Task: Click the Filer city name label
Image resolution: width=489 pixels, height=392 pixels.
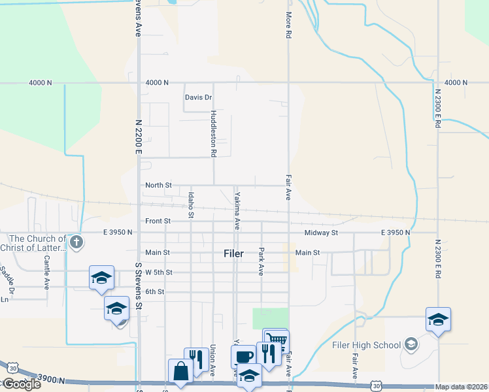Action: pos(233,253)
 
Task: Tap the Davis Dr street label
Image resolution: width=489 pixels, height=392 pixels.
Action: pos(198,97)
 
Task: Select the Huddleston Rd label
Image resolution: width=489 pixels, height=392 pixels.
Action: pos(213,134)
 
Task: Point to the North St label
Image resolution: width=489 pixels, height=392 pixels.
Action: pos(158,186)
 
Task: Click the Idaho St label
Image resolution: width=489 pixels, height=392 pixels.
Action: pos(191,204)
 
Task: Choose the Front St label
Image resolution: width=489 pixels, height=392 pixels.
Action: pos(158,221)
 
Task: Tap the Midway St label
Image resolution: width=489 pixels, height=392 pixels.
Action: pos(320,233)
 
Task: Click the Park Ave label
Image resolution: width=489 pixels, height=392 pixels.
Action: pos(261,261)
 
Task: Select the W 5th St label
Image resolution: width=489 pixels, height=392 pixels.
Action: pos(159,272)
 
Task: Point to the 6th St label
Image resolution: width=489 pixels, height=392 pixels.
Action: pos(155,291)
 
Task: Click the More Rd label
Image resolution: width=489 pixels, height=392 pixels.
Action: pos(288,25)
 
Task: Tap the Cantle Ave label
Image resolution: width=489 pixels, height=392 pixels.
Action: pos(47,273)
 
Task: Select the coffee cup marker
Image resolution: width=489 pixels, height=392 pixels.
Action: pos(244,356)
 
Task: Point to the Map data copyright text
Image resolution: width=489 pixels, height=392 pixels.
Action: pos(462,387)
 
